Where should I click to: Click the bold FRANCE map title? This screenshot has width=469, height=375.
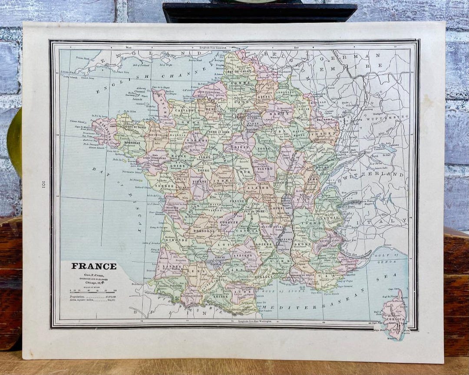pos(94,266)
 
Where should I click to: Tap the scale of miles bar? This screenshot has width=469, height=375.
pos(93,292)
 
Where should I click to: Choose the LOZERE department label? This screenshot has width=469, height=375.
pos(264,244)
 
